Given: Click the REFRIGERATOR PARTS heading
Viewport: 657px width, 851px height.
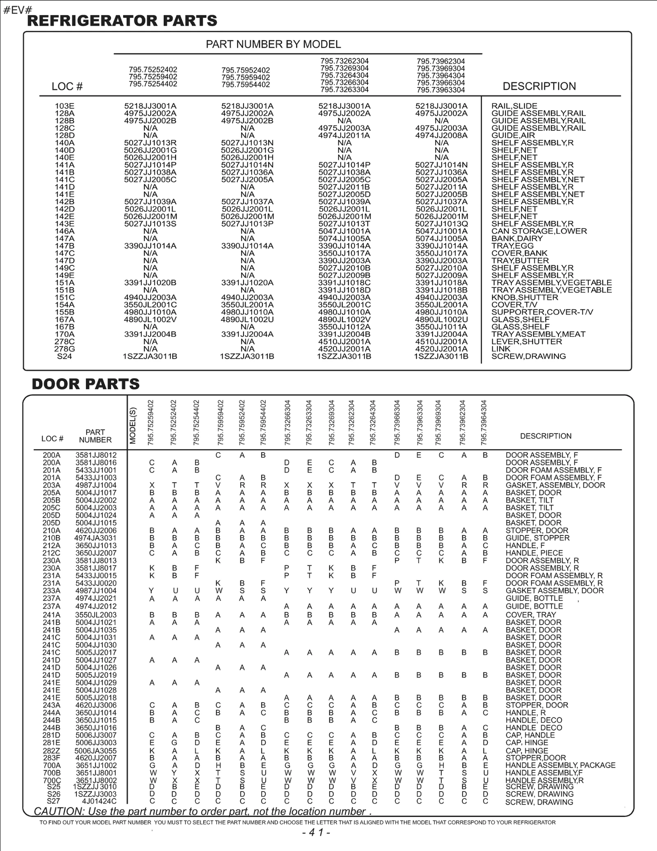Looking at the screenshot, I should [122, 21].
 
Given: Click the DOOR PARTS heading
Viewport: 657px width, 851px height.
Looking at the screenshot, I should [85, 384].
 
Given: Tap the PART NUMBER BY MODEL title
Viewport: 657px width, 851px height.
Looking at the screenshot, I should [273, 44].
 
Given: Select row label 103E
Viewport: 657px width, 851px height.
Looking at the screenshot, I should [64, 106].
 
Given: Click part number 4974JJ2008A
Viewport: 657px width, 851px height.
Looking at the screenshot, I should [441, 136].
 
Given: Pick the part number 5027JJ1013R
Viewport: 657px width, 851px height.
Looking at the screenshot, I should [150, 143].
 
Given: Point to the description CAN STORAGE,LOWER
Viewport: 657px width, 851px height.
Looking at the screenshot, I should [539, 231].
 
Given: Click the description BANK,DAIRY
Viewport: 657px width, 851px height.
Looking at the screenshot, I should [517, 239].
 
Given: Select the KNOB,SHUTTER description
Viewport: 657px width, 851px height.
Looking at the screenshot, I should [524, 298].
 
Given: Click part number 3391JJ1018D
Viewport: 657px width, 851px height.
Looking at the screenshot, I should [344, 290].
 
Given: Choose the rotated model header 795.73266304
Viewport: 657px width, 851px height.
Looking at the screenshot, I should [287, 422].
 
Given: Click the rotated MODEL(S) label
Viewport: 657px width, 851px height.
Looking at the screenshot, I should [133, 425].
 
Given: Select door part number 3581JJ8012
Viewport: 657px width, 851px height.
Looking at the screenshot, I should [96, 455].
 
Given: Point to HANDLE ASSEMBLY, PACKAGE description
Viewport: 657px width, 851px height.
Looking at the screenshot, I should [560, 765].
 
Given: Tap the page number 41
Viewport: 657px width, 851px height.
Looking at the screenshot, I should [316, 833].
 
